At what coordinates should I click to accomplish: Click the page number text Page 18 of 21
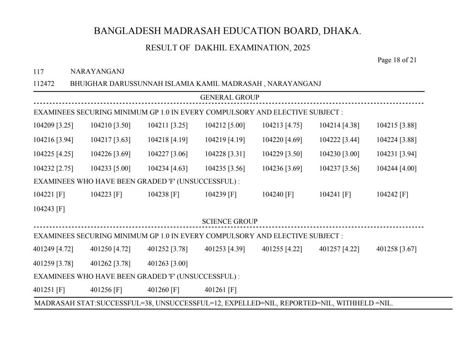click(x=397, y=60)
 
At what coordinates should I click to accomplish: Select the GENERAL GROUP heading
click(x=230, y=98)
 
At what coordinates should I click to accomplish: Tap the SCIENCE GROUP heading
click(x=230, y=221)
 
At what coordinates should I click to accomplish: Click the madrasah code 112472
click(x=44, y=84)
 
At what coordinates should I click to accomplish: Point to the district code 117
click(x=39, y=72)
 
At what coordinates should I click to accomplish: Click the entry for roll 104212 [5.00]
click(x=225, y=125)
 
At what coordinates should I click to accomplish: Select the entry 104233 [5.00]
click(x=110, y=168)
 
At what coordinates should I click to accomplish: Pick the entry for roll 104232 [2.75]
click(x=53, y=168)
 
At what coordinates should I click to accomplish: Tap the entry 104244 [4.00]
click(x=396, y=168)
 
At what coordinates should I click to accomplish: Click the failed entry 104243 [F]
click(x=49, y=209)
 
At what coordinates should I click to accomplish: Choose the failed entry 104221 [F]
click(x=49, y=194)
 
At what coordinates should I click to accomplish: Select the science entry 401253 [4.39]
click(x=225, y=249)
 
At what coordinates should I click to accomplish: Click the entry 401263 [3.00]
click(x=167, y=263)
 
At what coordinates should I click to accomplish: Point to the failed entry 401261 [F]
click(x=221, y=290)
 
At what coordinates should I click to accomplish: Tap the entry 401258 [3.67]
click(x=396, y=249)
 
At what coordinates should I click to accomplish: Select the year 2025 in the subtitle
click(x=302, y=48)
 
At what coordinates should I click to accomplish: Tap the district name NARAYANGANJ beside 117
click(x=97, y=72)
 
